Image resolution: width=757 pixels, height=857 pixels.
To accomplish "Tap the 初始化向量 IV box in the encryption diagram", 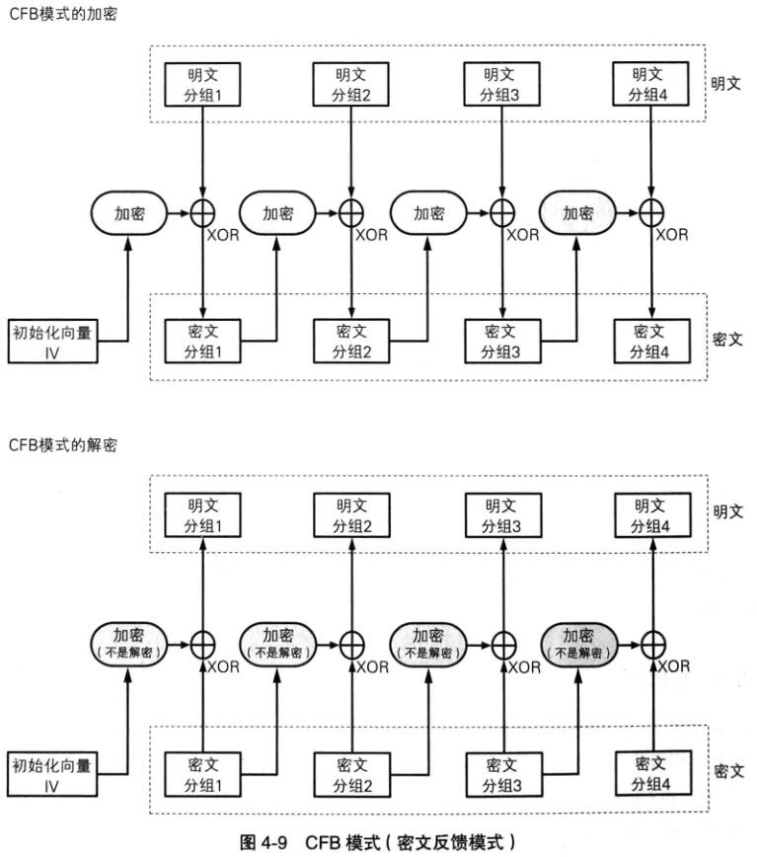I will coord(53,341).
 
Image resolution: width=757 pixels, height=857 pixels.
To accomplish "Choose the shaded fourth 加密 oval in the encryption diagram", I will coord(577,212).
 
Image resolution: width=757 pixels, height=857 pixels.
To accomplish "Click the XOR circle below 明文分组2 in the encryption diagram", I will coord(351,212).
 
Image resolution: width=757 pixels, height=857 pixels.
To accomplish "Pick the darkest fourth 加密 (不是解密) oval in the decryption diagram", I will coord(577,643).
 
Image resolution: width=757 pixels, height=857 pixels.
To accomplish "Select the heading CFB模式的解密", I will coord(62,445).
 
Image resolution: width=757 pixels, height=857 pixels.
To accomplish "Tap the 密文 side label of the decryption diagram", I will coord(727,769).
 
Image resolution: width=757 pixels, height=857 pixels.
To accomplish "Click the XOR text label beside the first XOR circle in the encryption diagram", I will coord(222,235).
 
